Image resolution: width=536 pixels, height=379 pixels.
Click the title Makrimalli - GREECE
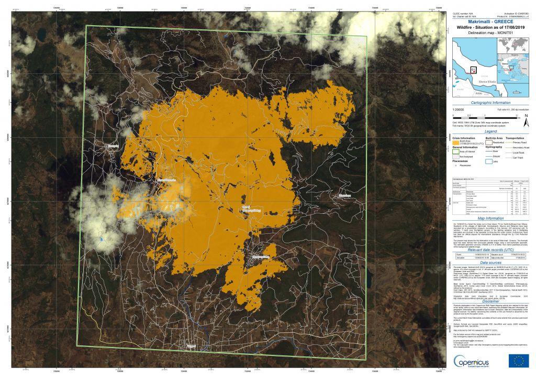click(x=490, y=21)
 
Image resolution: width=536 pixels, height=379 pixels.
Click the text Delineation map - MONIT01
click(x=490, y=33)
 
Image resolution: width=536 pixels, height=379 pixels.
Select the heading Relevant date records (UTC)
click(x=490, y=251)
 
